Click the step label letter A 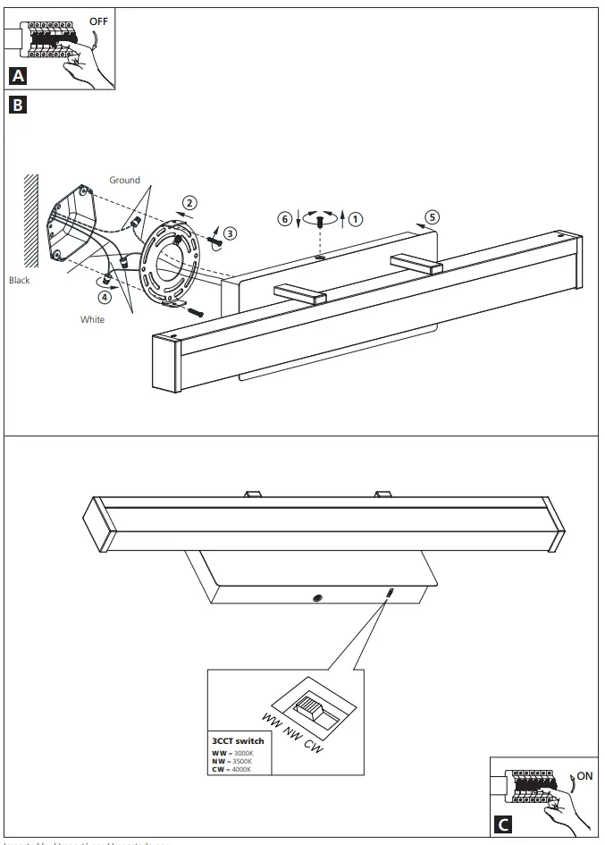17,77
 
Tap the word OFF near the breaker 97,21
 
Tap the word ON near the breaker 584,775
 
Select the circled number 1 356,217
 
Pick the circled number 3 231,233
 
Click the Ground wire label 124,180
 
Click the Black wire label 20,280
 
